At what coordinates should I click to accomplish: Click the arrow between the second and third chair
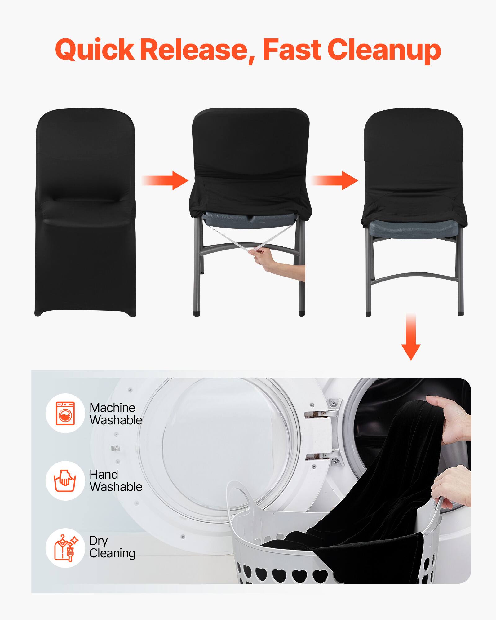pyautogui.click(x=334, y=180)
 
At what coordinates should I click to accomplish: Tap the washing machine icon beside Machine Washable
pyautogui.click(x=65, y=413)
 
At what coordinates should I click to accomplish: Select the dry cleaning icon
pyautogui.click(x=65, y=548)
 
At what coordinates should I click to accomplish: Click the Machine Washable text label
pyautogui.click(x=115, y=414)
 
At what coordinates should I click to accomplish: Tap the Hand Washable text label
pyautogui.click(x=115, y=481)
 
